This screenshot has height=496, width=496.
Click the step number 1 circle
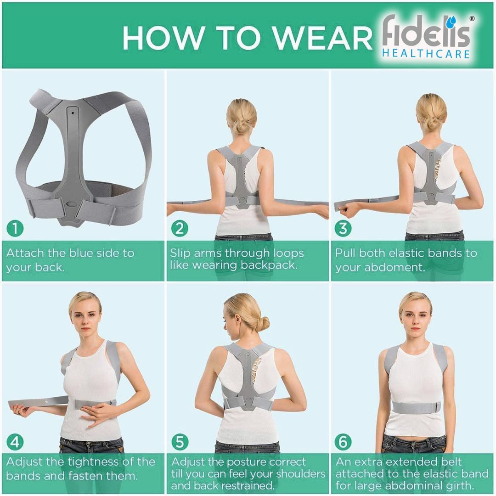point(15,228)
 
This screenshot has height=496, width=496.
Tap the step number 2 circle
point(180,228)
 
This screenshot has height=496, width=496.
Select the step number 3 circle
point(343,228)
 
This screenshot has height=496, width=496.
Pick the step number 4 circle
point(15,442)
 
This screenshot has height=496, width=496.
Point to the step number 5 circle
point(180,442)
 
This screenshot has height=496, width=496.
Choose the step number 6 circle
point(343,442)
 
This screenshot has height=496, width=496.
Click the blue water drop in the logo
point(454,21)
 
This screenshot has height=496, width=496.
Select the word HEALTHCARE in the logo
point(426,54)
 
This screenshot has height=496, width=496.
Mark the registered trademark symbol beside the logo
point(472,19)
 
